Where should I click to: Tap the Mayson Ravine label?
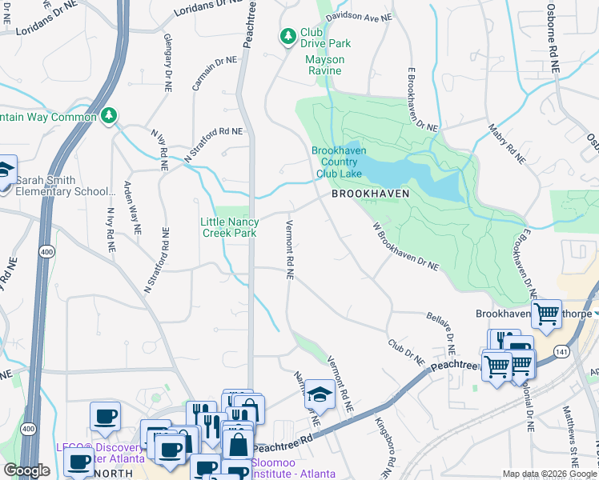pos(325,65)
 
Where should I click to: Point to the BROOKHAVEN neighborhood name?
pos(371,194)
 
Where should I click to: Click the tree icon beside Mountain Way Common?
pos(109,117)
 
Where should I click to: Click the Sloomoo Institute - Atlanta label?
pos(294,468)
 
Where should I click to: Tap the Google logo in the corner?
pos(26,470)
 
